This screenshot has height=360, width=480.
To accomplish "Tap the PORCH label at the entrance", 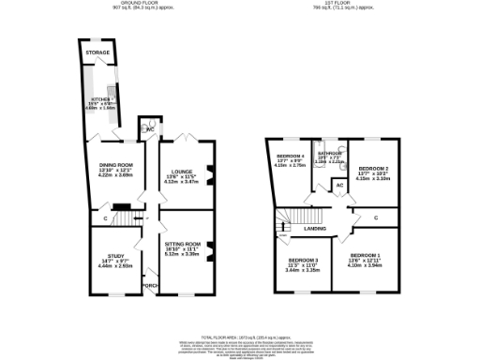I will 148,285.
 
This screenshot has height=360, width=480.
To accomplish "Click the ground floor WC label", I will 147,129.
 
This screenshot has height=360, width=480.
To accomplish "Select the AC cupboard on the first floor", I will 338,186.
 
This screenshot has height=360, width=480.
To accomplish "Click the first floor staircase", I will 284,223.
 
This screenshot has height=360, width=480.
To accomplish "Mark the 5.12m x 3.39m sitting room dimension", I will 183,253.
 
